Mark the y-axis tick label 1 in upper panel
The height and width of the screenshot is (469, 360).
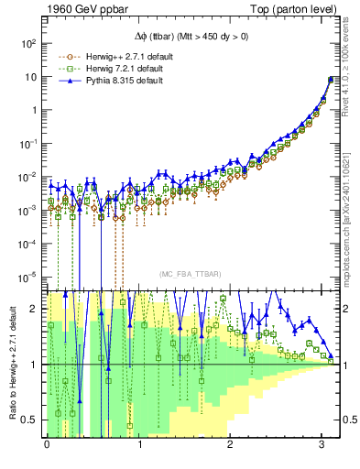(x=34, y=110)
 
